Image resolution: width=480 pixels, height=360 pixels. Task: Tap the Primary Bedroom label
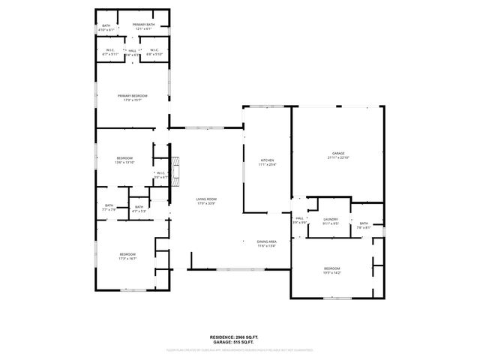click(132, 96)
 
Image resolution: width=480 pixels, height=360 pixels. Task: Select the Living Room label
click(206, 199)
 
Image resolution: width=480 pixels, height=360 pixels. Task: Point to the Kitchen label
click(267, 160)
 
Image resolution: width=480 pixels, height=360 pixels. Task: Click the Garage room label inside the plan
click(339, 153)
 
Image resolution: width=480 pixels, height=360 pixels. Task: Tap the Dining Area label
click(267, 241)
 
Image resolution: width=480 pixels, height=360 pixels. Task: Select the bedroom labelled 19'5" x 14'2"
click(331, 268)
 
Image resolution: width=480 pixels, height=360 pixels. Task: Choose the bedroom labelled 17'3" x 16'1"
click(127, 255)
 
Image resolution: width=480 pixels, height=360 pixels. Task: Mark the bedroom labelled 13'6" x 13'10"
click(124, 158)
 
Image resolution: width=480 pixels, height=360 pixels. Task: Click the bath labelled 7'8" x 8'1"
click(364, 223)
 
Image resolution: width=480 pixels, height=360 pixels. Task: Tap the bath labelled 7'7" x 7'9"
click(109, 205)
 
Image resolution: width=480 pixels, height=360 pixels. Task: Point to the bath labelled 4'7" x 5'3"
click(139, 207)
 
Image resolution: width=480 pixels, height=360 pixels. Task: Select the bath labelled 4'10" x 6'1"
click(106, 25)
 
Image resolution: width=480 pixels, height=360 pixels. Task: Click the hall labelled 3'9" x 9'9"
click(299, 218)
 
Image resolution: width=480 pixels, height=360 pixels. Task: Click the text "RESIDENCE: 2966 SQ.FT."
click(239, 337)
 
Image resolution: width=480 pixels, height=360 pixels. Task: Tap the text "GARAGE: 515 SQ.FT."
click(239, 343)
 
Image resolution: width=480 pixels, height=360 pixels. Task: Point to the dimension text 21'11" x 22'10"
click(339, 157)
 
